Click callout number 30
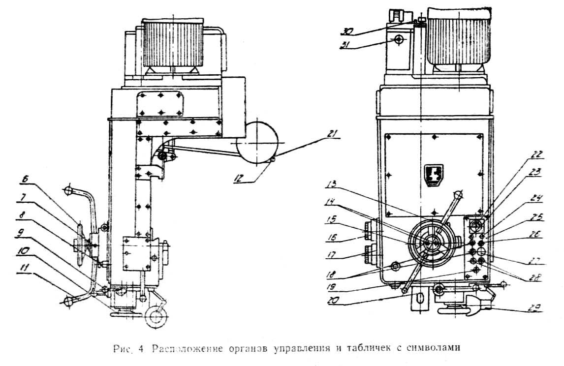348,30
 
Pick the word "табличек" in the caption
378,349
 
